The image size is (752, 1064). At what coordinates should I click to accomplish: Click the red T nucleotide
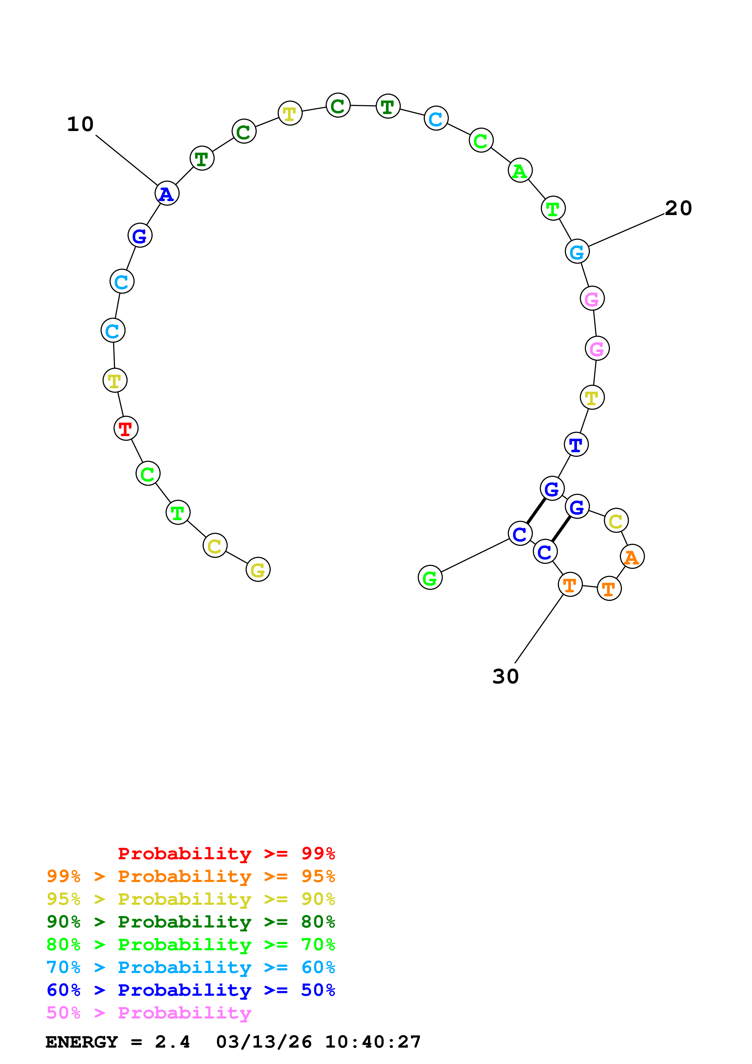click(126, 429)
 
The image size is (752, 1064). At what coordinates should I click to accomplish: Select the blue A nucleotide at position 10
click(167, 194)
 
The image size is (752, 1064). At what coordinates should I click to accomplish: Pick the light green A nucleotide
click(520, 171)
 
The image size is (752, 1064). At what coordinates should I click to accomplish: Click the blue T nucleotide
click(576, 445)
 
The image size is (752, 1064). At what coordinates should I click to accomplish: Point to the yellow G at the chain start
click(258, 570)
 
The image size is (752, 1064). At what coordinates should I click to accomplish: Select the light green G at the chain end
click(430, 578)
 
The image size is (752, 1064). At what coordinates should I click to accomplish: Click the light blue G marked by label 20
click(577, 252)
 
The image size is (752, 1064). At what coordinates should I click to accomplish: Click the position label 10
click(80, 124)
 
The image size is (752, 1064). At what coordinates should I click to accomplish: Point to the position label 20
click(678, 208)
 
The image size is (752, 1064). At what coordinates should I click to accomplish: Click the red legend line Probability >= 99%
click(226, 853)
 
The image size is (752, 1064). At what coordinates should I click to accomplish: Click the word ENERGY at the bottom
click(82, 1042)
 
